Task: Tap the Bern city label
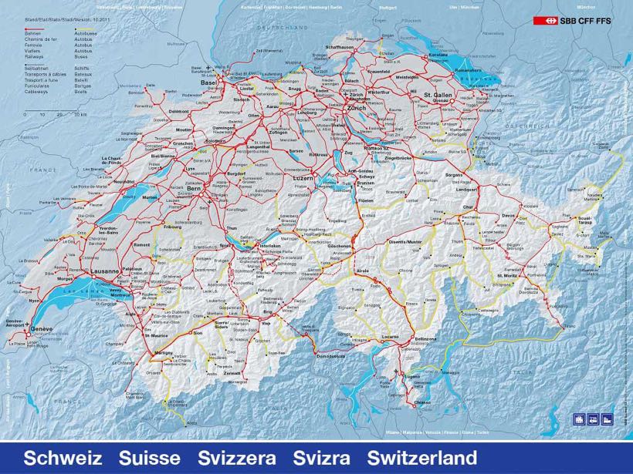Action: click(x=193, y=188)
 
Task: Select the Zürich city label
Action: click(x=356, y=107)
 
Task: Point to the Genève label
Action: click(x=42, y=329)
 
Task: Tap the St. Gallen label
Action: click(x=438, y=94)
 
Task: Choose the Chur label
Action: click(x=466, y=207)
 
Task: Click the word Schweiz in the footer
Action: click(x=63, y=458)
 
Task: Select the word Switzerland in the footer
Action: click(x=422, y=458)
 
